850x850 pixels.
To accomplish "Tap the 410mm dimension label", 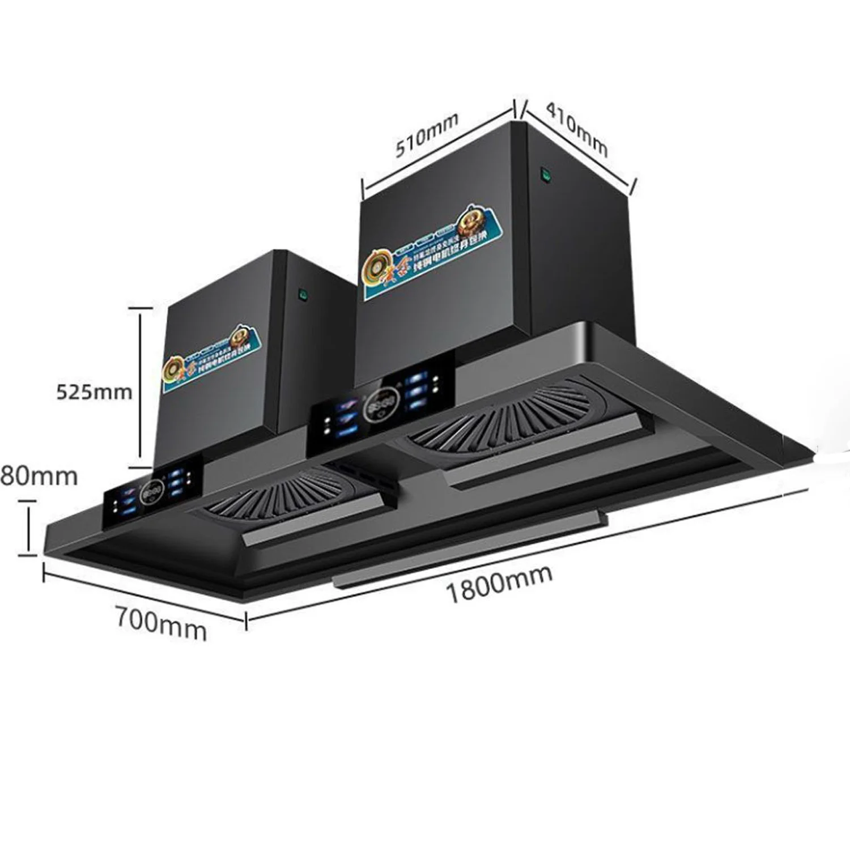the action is (x=576, y=129).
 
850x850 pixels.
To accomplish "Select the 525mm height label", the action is (x=94, y=392).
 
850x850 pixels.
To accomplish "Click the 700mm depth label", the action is (x=161, y=623).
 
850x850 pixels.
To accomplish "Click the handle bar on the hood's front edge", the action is (x=470, y=549).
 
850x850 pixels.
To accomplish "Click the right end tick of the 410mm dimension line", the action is (x=634, y=186).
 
